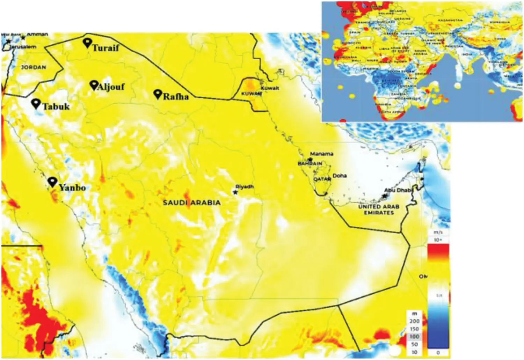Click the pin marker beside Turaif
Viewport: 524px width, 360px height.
tap(87, 43)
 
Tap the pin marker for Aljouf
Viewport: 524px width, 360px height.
tap(94, 85)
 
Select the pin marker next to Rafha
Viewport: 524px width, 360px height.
tap(158, 94)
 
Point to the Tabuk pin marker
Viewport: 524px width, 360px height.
tap(36, 103)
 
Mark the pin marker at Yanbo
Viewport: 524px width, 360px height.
tap(52, 182)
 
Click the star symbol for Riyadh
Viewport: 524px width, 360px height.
tap(235, 192)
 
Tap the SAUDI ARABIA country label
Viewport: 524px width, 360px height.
tap(192, 203)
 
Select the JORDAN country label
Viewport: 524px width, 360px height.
tap(34, 67)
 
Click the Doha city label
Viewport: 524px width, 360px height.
tap(340, 176)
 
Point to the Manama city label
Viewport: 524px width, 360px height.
tap(321, 154)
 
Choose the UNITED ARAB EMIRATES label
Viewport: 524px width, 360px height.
tap(379, 210)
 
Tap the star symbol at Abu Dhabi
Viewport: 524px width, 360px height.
tap(385, 196)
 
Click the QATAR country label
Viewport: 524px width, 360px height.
tap(322, 179)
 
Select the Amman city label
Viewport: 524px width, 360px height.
tap(37, 34)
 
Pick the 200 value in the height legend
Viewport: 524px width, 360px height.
tap(414, 321)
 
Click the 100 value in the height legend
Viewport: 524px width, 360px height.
tap(414, 337)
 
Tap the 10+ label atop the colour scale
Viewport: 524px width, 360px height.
tap(438, 240)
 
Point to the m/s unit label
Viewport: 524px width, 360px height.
tap(438, 232)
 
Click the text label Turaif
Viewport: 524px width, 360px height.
tap(105, 47)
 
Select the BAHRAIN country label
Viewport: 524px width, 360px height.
tap(310, 163)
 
